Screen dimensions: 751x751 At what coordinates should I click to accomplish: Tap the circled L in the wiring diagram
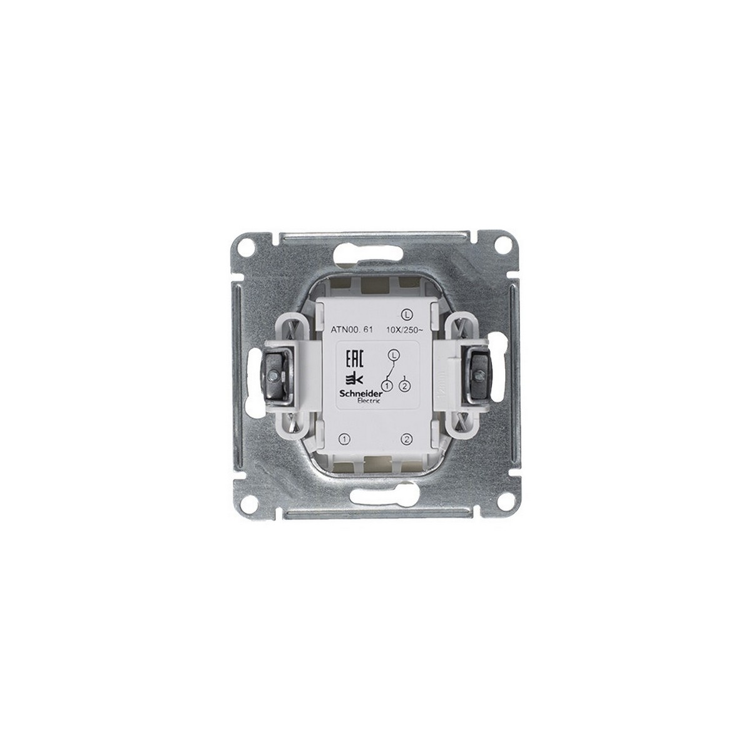click(x=392, y=355)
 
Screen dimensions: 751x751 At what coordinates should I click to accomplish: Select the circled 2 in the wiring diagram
click(x=406, y=386)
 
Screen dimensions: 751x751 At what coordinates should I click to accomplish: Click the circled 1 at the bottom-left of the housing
click(x=343, y=439)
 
